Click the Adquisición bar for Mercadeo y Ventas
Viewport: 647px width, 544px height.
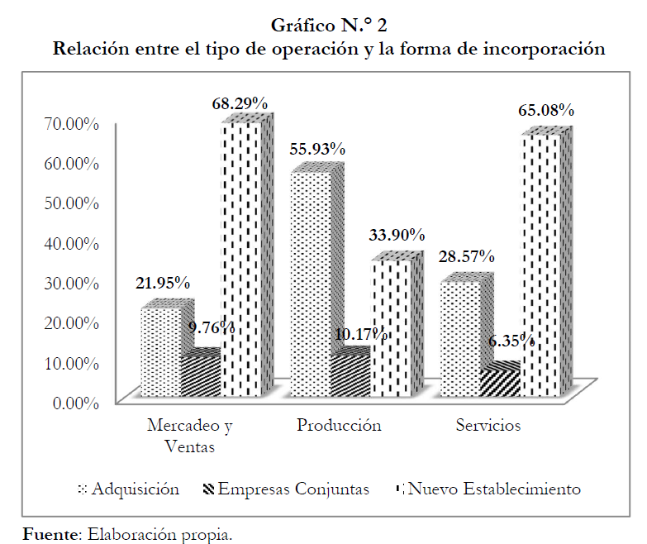click(x=160, y=351)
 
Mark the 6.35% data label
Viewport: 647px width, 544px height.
click(x=510, y=341)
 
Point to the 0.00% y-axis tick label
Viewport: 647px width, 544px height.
click(x=73, y=403)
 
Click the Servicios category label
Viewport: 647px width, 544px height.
click(x=488, y=427)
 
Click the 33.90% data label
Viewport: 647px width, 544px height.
click(x=397, y=236)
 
